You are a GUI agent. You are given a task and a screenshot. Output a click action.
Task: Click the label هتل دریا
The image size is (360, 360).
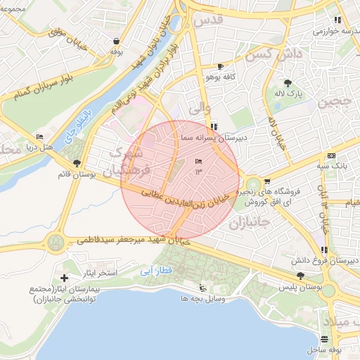39,147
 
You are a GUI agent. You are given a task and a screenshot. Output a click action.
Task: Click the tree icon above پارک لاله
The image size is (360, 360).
288,82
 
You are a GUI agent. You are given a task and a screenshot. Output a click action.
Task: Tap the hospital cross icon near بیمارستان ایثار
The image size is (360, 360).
65,279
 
